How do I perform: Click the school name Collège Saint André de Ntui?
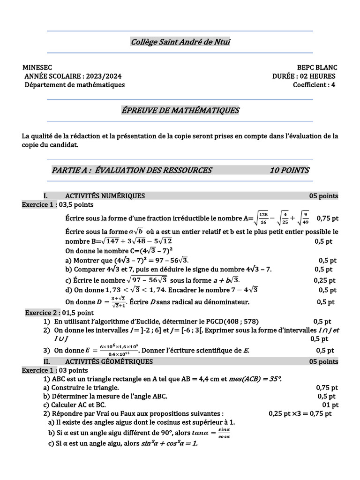click(x=180, y=43)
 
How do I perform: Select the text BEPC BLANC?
click(x=316, y=68)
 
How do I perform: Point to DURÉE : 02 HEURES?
click(x=304, y=76)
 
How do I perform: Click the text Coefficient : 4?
click(x=314, y=85)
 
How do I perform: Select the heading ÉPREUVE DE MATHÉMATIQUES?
click(x=180, y=111)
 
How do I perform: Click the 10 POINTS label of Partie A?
click(x=289, y=171)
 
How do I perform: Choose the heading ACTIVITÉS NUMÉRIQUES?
click(x=105, y=196)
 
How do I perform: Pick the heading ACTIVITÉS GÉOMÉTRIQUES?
click(x=109, y=361)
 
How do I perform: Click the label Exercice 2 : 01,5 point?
click(x=59, y=313)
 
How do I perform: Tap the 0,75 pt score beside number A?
click(x=328, y=218)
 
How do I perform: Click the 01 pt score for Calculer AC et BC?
click(x=330, y=405)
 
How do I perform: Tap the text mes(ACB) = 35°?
click(x=257, y=379)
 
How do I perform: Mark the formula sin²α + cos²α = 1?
click(x=169, y=443)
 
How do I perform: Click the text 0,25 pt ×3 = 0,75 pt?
click(x=300, y=413)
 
